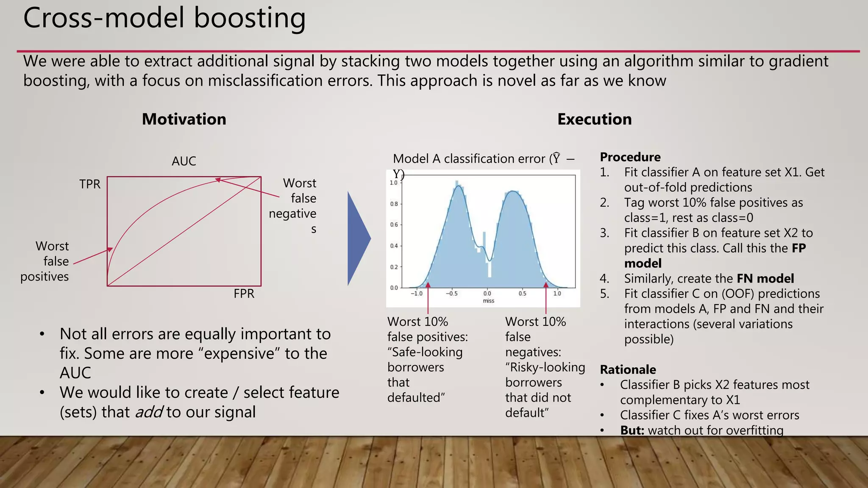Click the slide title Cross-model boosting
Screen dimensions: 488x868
[164, 19]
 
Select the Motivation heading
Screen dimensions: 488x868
[184, 119]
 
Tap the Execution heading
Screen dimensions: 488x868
[594, 119]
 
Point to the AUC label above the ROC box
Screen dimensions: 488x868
[184, 161]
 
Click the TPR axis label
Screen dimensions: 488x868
[90, 184]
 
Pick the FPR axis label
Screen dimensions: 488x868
[244, 294]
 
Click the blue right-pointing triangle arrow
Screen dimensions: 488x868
[359, 238]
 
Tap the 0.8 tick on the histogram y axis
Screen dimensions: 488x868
[394, 204]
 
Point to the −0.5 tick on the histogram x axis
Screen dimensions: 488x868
[451, 293]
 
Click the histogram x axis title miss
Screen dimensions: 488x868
[488, 301]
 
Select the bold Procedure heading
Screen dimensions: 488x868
[630, 157]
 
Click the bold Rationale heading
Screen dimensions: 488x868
[628, 370]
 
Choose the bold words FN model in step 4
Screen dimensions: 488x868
[765, 279]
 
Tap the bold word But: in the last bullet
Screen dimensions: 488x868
[632, 430]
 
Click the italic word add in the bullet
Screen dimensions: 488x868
[149, 412]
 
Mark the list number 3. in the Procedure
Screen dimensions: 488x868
[604, 233]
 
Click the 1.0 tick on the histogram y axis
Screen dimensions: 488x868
[394, 183]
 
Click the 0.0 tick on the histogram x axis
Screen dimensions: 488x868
[487, 293]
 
